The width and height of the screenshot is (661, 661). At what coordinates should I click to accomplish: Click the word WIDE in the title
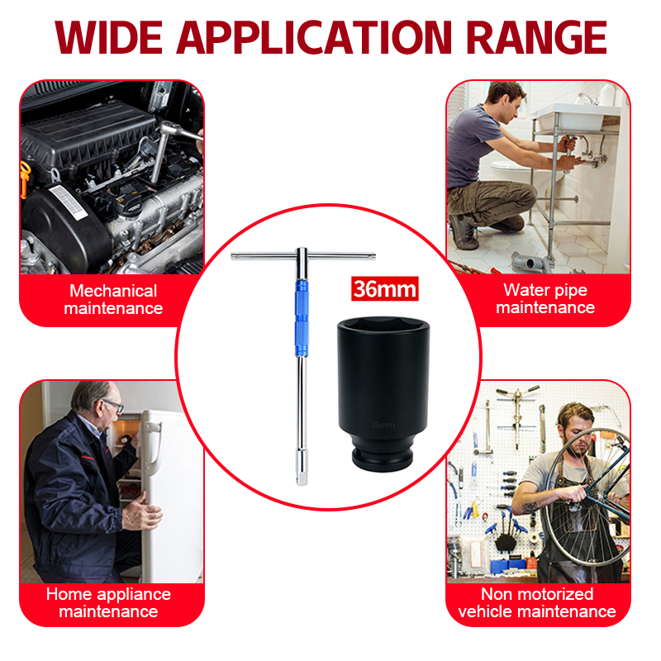pyautogui.click(x=109, y=37)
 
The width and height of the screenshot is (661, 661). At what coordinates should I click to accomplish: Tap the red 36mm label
pyautogui.click(x=384, y=288)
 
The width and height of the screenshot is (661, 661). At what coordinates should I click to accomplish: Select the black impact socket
pyautogui.click(x=383, y=394)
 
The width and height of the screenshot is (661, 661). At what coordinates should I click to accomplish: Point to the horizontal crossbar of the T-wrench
pyautogui.click(x=302, y=256)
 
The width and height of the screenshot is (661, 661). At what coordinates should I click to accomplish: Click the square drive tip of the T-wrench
pyautogui.click(x=302, y=481)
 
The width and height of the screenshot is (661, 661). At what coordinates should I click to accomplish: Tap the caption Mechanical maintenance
pyautogui.click(x=113, y=300)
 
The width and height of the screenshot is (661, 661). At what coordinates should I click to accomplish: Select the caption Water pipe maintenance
pyautogui.click(x=545, y=299)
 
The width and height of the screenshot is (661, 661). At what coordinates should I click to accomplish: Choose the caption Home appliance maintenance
pyautogui.click(x=108, y=603)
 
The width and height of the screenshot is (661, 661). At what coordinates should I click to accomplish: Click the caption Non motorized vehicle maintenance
pyautogui.click(x=537, y=603)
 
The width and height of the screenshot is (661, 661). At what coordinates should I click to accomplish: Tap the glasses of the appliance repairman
pyautogui.click(x=114, y=406)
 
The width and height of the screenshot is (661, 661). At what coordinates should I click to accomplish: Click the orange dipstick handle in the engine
pyautogui.click(x=26, y=178)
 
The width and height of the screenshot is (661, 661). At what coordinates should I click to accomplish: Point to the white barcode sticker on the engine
pyautogui.click(x=69, y=202)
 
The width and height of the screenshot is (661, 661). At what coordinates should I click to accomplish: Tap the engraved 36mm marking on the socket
pyautogui.click(x=383, y=425)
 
